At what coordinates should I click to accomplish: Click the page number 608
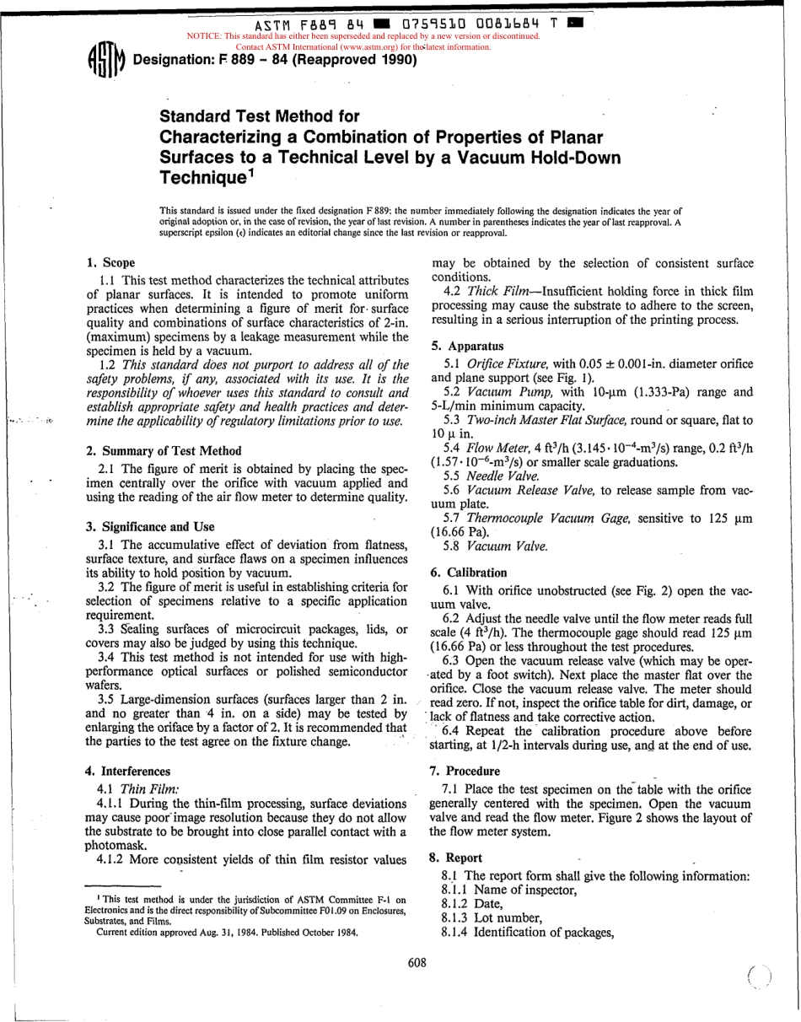tap(417, 963)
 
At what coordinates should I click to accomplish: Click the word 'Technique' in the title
tap(202, 175)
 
